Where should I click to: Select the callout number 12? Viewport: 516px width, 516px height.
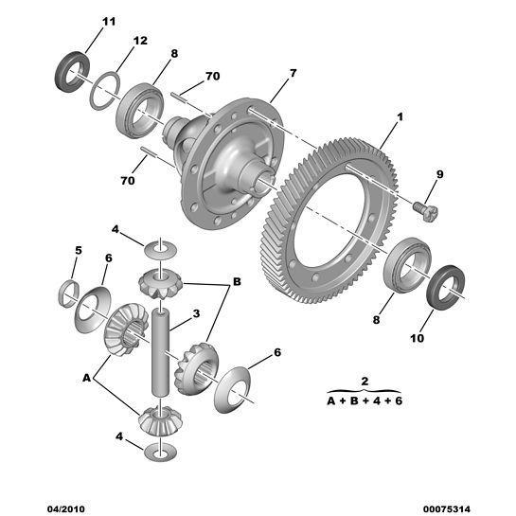pos(140,41)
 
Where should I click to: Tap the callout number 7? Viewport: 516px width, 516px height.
pos(293,73)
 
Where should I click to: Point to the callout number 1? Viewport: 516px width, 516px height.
pos(400,116)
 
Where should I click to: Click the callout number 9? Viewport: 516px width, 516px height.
pos(439,173)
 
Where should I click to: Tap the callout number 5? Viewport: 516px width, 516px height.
pos(80,251)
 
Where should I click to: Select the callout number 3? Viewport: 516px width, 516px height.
pos(195,314)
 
